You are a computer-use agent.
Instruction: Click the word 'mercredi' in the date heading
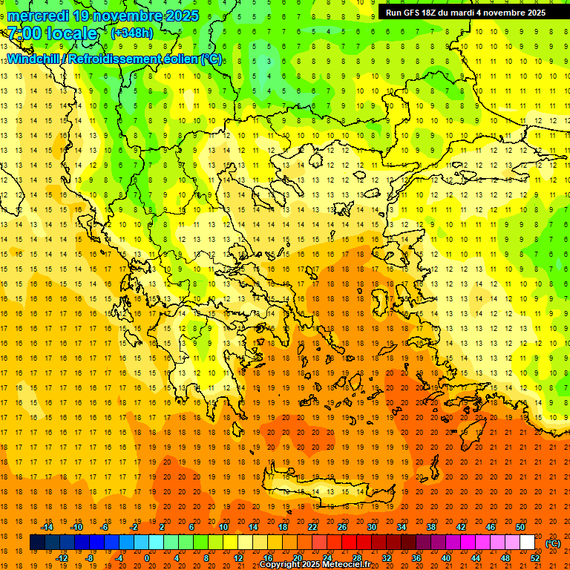coord(39,16)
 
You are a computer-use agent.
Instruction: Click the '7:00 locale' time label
coord(52,33)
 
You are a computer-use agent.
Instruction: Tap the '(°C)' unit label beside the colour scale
coord(552,543)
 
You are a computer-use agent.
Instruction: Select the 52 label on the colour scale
coord(535,558)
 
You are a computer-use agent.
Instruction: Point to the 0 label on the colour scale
coord(147,558)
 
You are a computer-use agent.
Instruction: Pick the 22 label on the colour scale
coord(312,527)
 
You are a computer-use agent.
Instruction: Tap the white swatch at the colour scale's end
coord(527,543)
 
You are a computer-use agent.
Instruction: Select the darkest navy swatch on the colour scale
coord(37,543)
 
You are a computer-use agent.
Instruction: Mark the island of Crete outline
coord(319,491)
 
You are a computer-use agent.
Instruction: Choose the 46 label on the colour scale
coord(491,527)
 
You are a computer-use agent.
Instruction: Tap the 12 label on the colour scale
coord(238,558)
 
